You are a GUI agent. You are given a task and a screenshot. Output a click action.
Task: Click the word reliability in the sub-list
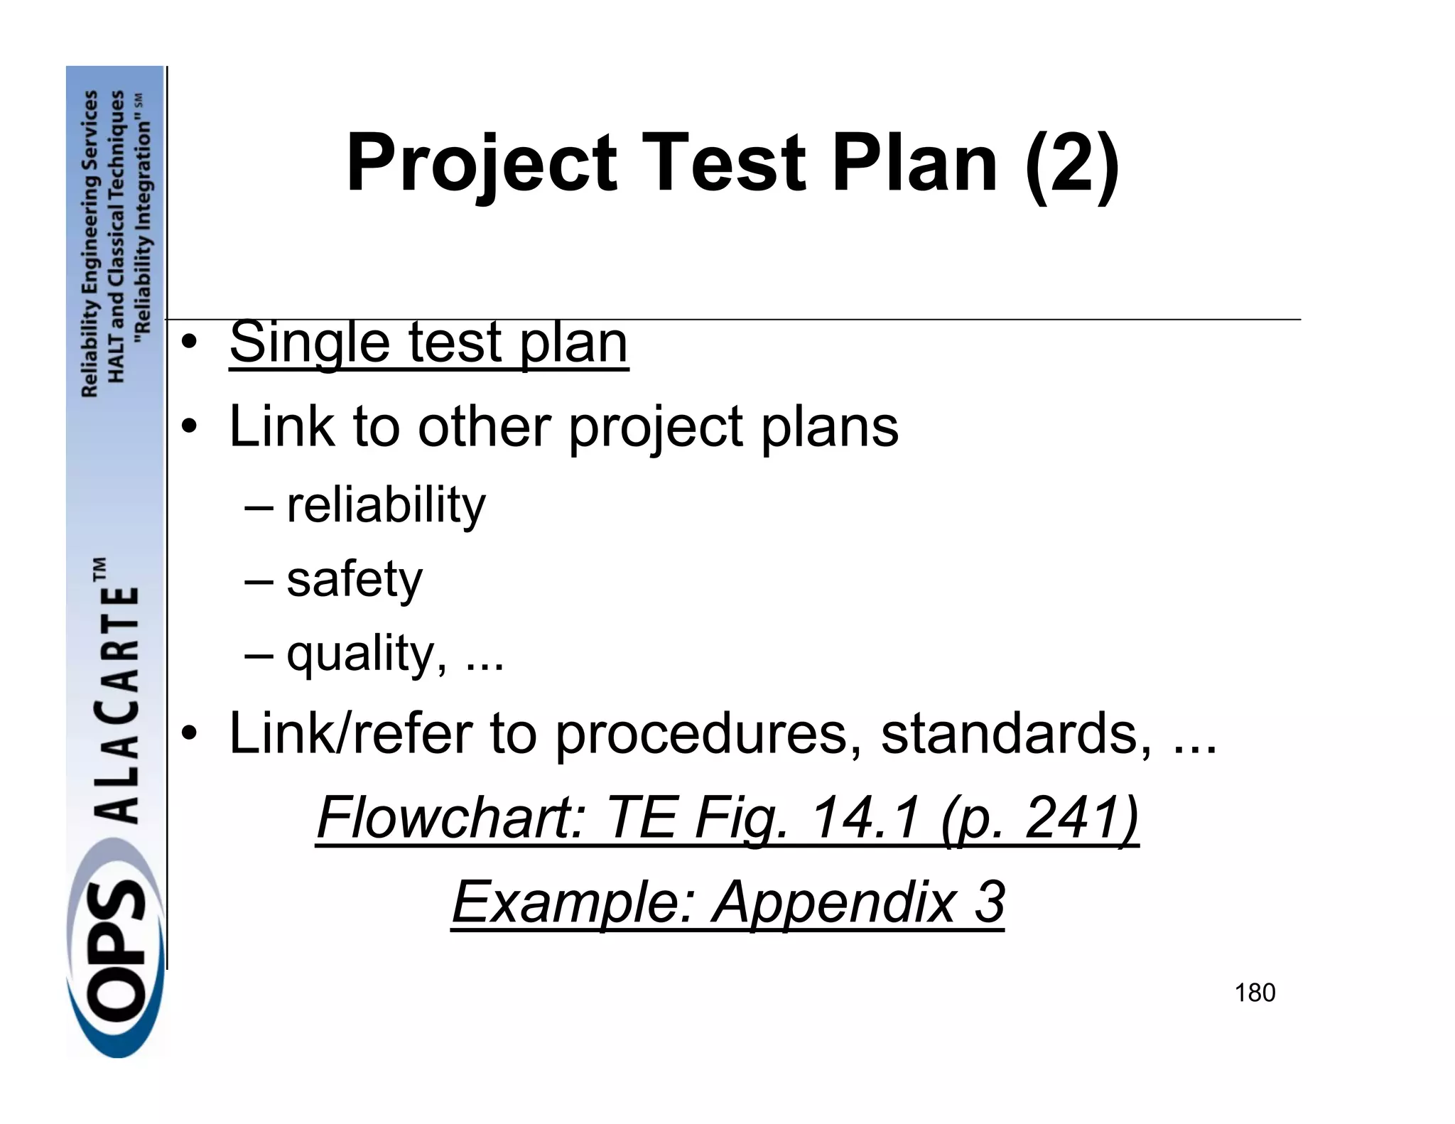[x=386, y=505]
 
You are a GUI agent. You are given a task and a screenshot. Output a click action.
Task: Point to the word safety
[x=355, y=579]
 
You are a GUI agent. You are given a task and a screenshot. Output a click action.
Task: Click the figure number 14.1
[x=864, y=818]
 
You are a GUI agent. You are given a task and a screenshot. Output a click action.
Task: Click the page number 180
[x=1255, y=993]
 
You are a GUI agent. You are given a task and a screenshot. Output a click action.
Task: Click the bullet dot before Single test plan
[x=188, y=344]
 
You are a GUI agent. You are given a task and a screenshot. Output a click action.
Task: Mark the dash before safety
[x=258, y=580]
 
